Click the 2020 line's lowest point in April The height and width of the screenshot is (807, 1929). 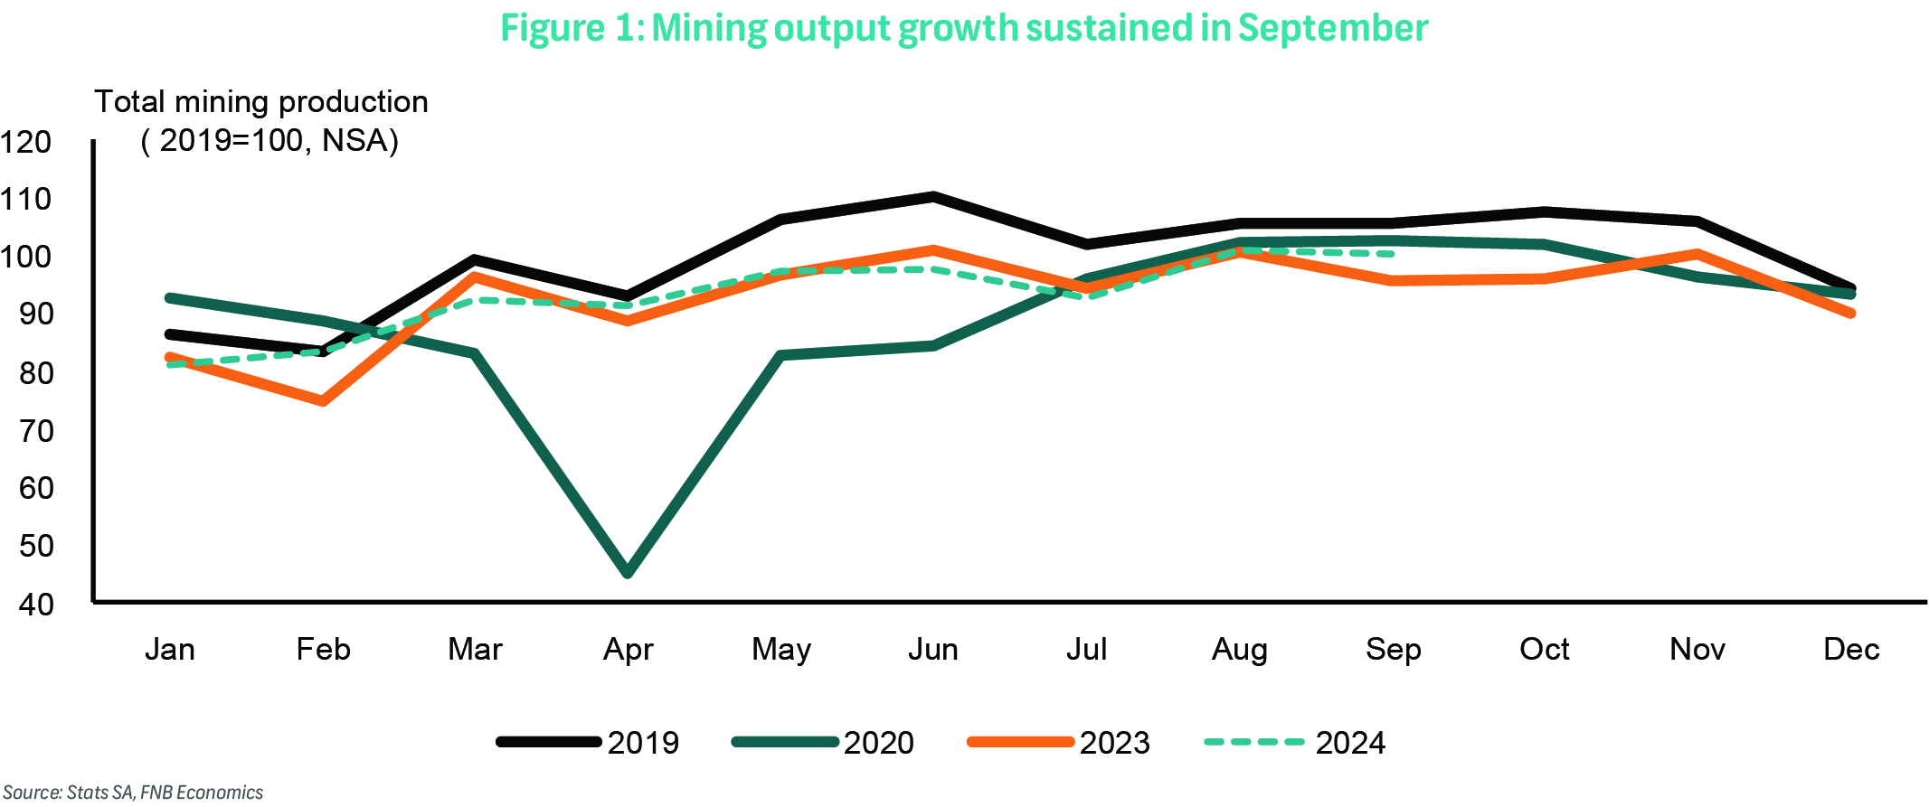click(x=628, y=572)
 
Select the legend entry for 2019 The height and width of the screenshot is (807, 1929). click(x=588, y=742)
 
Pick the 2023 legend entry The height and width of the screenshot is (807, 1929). click(x=1059, y=742)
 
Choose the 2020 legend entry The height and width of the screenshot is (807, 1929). click(x=823, y=742)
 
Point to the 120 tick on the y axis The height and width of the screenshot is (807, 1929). click(x=26, y=142)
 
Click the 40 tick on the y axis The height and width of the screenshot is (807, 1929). click(x=36, y=605)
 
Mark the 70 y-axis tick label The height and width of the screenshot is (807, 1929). click(x=36, y=431)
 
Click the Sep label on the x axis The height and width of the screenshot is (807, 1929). click(x=1393, y=649)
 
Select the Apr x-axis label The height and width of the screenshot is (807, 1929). click(x=628, y=649)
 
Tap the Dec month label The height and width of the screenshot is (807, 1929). click(x=1851, y=649)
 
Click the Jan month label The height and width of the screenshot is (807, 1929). click(x=170, y=649)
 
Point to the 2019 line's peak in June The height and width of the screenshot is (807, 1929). click(x=933, y=196)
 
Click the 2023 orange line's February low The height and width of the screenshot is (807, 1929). click(x=323, y=400)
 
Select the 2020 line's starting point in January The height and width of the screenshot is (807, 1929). click(x=170, y=298)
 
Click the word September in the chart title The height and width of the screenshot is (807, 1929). click(x=1332, y=28)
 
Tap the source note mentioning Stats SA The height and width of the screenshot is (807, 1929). click(x=133, y=793)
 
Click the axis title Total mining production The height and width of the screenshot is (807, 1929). click(x=261, y=102)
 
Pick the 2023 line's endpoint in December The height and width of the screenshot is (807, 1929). click(x=1851, y=314)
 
